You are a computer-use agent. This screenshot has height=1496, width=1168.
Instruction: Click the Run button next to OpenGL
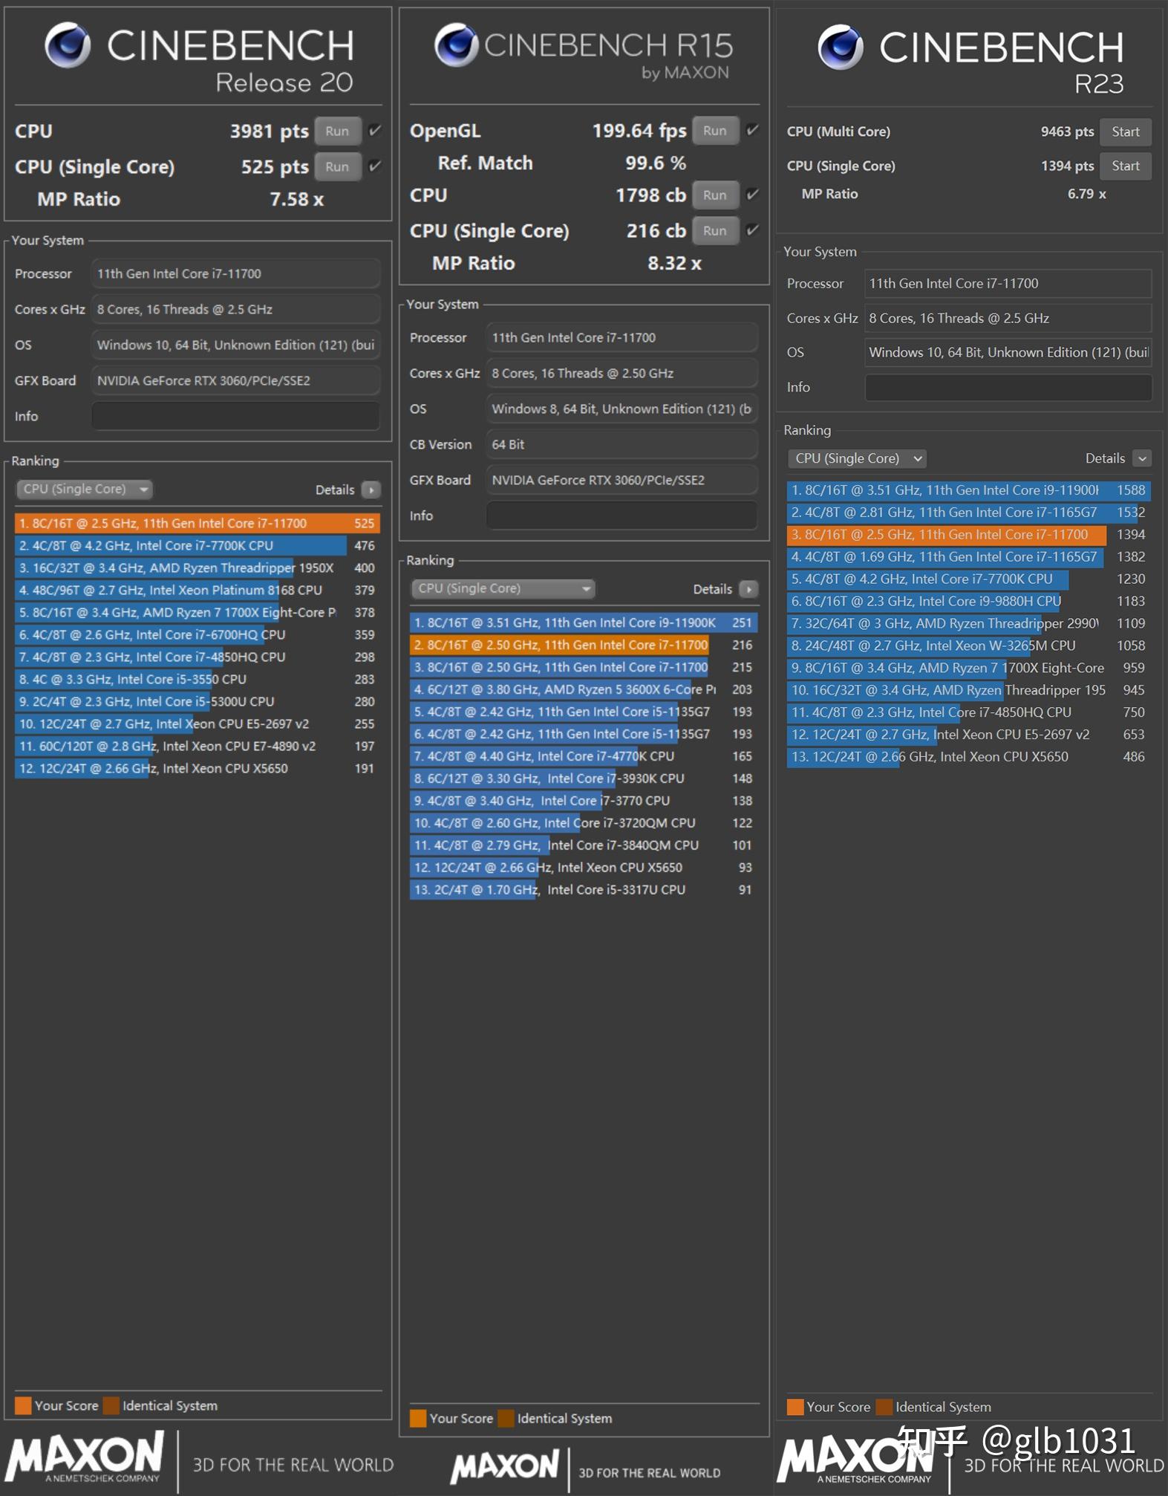pos(714,131)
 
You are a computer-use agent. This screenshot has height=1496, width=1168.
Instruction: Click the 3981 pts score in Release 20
pos(269,131)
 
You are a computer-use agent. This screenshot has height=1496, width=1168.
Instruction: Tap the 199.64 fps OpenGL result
pos(639,131)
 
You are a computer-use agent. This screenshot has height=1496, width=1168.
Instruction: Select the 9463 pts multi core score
pos(1067,131)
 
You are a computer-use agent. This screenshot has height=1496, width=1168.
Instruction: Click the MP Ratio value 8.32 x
pos(674,263)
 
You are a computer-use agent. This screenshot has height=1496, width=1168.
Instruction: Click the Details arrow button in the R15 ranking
pos(748,589)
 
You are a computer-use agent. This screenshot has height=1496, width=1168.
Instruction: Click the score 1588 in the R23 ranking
pos(1131,490)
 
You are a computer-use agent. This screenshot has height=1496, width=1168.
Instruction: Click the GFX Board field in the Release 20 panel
pos(236,380)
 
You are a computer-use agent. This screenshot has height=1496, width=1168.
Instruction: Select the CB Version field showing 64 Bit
pos(621,444)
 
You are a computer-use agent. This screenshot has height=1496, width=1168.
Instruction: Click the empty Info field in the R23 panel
pos(1008,387)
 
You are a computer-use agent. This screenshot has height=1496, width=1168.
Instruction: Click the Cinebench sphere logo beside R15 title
pos(456,45)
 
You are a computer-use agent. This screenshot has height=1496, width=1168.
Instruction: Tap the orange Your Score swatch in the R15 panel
pos(418,1418)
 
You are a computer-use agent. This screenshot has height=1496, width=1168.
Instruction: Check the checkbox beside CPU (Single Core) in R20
pos(375,166)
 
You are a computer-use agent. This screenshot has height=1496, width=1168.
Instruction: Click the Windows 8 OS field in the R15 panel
pos(621,409)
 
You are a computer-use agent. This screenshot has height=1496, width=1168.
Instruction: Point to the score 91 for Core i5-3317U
pos(745,890)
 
